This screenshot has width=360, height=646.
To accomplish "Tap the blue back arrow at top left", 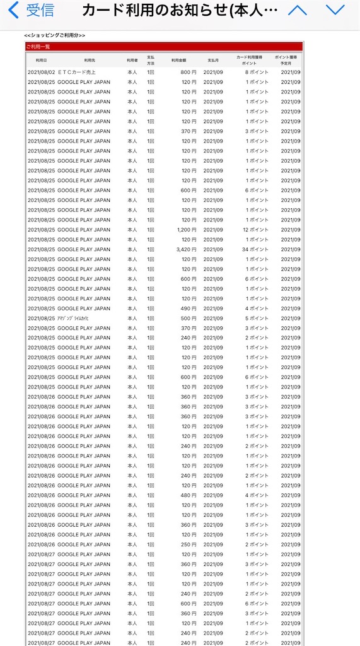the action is [13, 10].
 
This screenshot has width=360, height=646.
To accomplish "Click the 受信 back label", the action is [40, 10].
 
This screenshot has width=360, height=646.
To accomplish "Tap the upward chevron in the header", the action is [297, 10].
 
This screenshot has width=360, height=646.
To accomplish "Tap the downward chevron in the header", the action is [335, 10].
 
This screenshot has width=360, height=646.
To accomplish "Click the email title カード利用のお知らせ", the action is [179, 10].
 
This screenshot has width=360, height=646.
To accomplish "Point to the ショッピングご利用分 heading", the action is [54, 35].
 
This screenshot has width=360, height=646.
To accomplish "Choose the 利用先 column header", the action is [89, 61].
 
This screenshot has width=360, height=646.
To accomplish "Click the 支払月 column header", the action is [213, 61].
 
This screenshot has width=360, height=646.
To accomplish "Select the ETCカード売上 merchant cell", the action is [76, 73].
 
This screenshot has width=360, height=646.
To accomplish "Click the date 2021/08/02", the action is [42, 73].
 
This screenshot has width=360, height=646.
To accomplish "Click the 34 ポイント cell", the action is [255, 249].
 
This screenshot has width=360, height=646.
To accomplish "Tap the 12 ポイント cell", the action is [255, 230].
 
